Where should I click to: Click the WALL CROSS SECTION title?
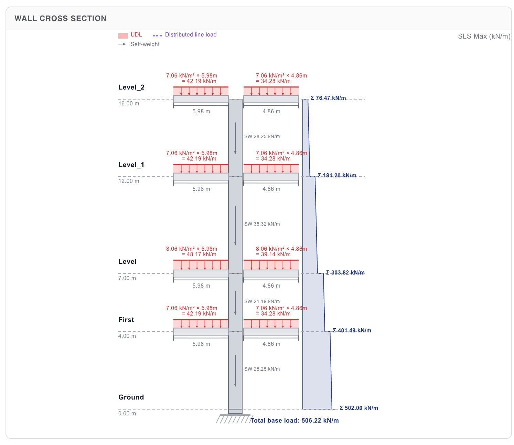click(61, 19)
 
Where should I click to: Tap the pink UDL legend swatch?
click(123, 35)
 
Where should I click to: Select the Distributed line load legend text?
click(191, 35)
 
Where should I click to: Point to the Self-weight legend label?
click(145, 44)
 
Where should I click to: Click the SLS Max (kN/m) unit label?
click(484, 37)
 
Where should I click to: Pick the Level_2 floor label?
click(131, 87)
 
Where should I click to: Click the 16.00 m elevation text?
click(129, 104)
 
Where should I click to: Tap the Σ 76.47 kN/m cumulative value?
click(328, 98)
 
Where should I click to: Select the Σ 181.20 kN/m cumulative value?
click(337, 176)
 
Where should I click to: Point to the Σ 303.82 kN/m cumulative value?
click(345, 273)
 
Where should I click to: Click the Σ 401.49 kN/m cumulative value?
click(352, 331)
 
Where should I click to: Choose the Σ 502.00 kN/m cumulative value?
click(358, 408)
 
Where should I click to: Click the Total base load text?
click(295, 421)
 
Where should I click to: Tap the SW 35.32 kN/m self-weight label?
click(262, 224)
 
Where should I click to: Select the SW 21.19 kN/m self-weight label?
click(262, 302)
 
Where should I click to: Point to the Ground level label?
click(131, 397)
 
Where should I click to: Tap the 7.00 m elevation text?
click(127, 278)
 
